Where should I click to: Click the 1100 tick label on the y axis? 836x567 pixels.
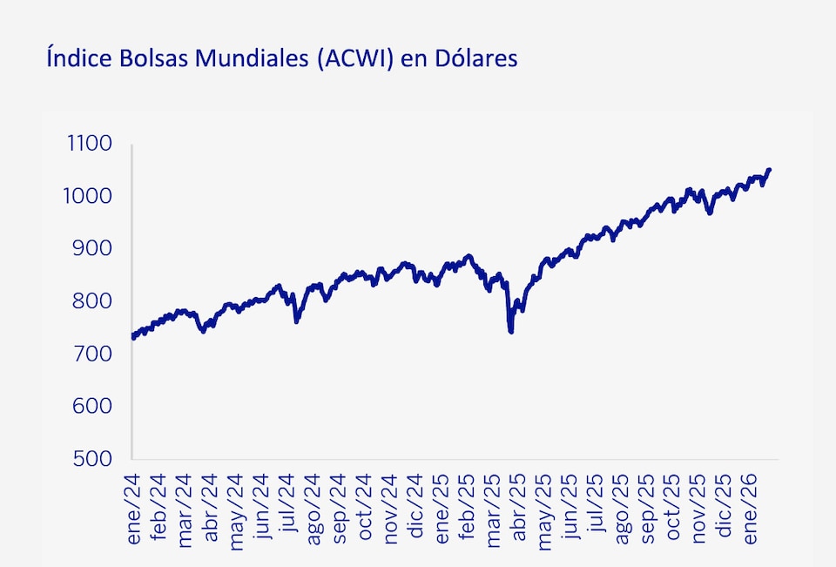coord(90,144)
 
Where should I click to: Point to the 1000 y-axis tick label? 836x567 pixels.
coord(90,196)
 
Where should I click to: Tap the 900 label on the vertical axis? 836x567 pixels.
coord(95,248)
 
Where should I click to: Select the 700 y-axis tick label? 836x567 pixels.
coord(95,354)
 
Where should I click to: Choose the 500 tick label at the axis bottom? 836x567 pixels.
coord(95,459)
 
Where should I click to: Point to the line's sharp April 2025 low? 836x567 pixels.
coord(510,331)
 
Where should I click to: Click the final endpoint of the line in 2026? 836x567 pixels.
coord(769,170)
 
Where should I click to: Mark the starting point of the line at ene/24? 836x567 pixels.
coord(133,337)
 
